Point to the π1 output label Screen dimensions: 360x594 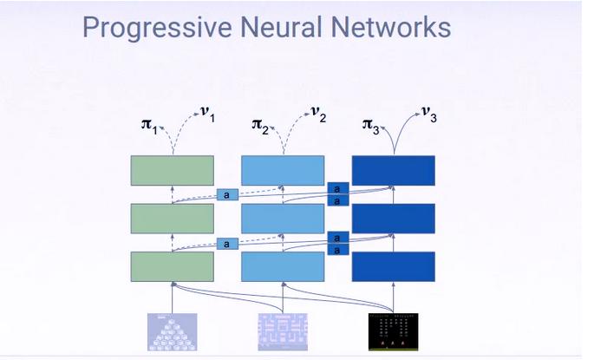[149, 126]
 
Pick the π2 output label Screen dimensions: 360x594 [260, 126]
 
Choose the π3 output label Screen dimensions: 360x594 [371, 126]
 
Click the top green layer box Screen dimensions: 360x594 [172, 170]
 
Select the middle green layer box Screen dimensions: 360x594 [172, 219]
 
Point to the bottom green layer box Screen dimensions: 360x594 [172, 266]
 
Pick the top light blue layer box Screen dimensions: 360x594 [282, 170]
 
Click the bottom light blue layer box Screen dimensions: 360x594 [282, 266]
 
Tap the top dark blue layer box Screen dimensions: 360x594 [393, 170]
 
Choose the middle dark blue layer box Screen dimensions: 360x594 [393, 219]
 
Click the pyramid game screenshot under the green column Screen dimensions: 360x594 [172, 331]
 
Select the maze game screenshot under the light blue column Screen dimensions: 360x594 [282, 331]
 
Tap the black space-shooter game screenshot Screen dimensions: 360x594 [393, 331]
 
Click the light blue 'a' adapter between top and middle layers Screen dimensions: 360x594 [226, 195]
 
